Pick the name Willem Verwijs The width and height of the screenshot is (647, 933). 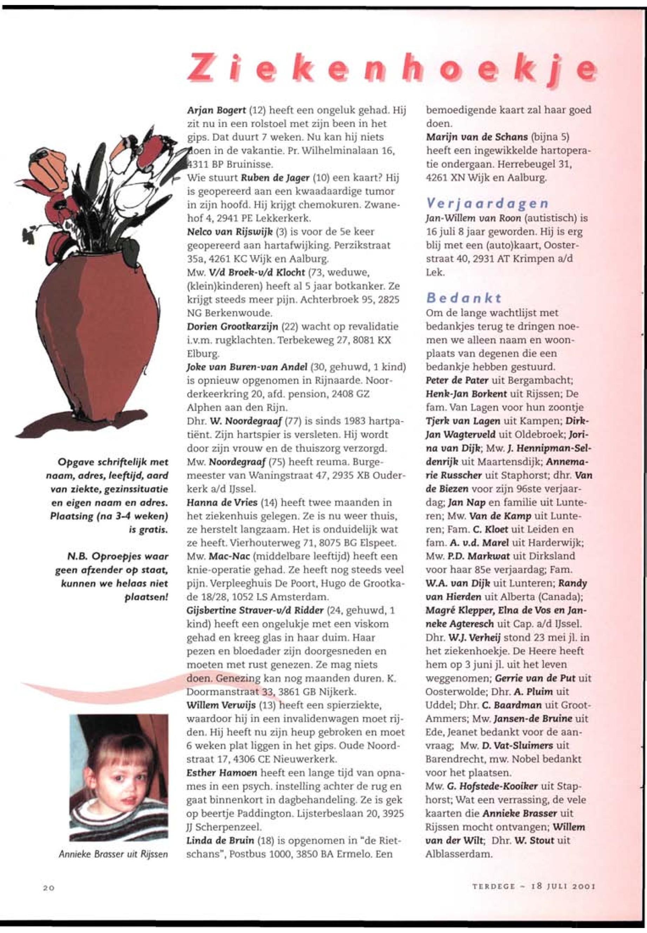[x=221, y=705]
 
